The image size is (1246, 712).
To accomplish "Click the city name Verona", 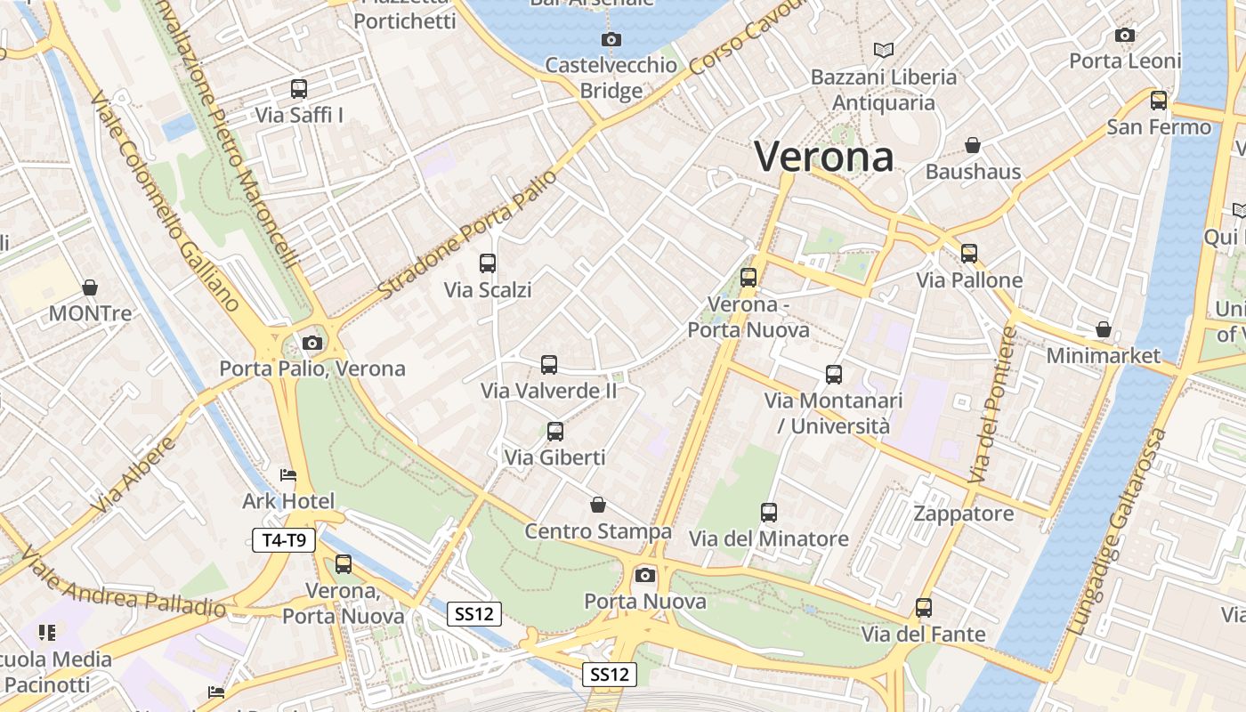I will [x=824, y=158].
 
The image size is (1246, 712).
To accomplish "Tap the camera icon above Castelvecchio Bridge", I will [x=611, y=39].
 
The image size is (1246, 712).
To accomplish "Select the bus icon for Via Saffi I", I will [x=299, y=89].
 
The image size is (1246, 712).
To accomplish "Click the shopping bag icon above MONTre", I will [x=90, y=287].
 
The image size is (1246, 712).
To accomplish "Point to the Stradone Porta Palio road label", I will [x=466, y=235].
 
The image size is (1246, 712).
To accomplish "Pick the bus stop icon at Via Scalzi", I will [x=488, y=263].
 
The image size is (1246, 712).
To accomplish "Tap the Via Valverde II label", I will [x=548, y=391].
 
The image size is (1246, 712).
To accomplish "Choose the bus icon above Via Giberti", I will [x=555, y=432].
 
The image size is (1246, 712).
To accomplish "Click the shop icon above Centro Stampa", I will [x=598, y=506].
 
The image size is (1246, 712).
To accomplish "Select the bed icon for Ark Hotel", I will [x=288, y=475].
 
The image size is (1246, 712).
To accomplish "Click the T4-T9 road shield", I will [x=284, y=540].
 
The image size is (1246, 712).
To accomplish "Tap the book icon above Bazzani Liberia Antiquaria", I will [x=883, y=50].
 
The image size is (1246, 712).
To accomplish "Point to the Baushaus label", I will [x=973, y=172].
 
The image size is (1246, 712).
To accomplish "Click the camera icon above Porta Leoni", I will [x=1125, y=36].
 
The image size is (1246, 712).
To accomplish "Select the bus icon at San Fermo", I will [x=1159, y=101].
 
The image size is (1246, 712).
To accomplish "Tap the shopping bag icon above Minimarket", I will [x=1104, y=329].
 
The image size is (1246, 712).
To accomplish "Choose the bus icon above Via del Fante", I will [x=924, y=608].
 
